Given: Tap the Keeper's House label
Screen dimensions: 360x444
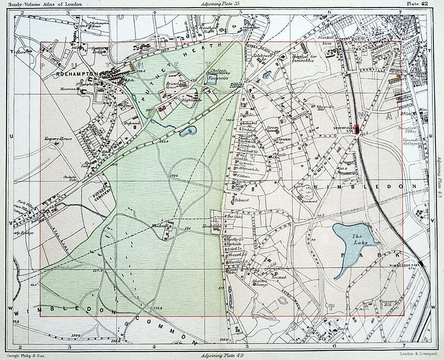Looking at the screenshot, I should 55,139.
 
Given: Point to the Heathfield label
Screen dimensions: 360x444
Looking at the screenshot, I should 211,226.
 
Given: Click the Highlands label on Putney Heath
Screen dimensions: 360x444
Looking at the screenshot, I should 191,101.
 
